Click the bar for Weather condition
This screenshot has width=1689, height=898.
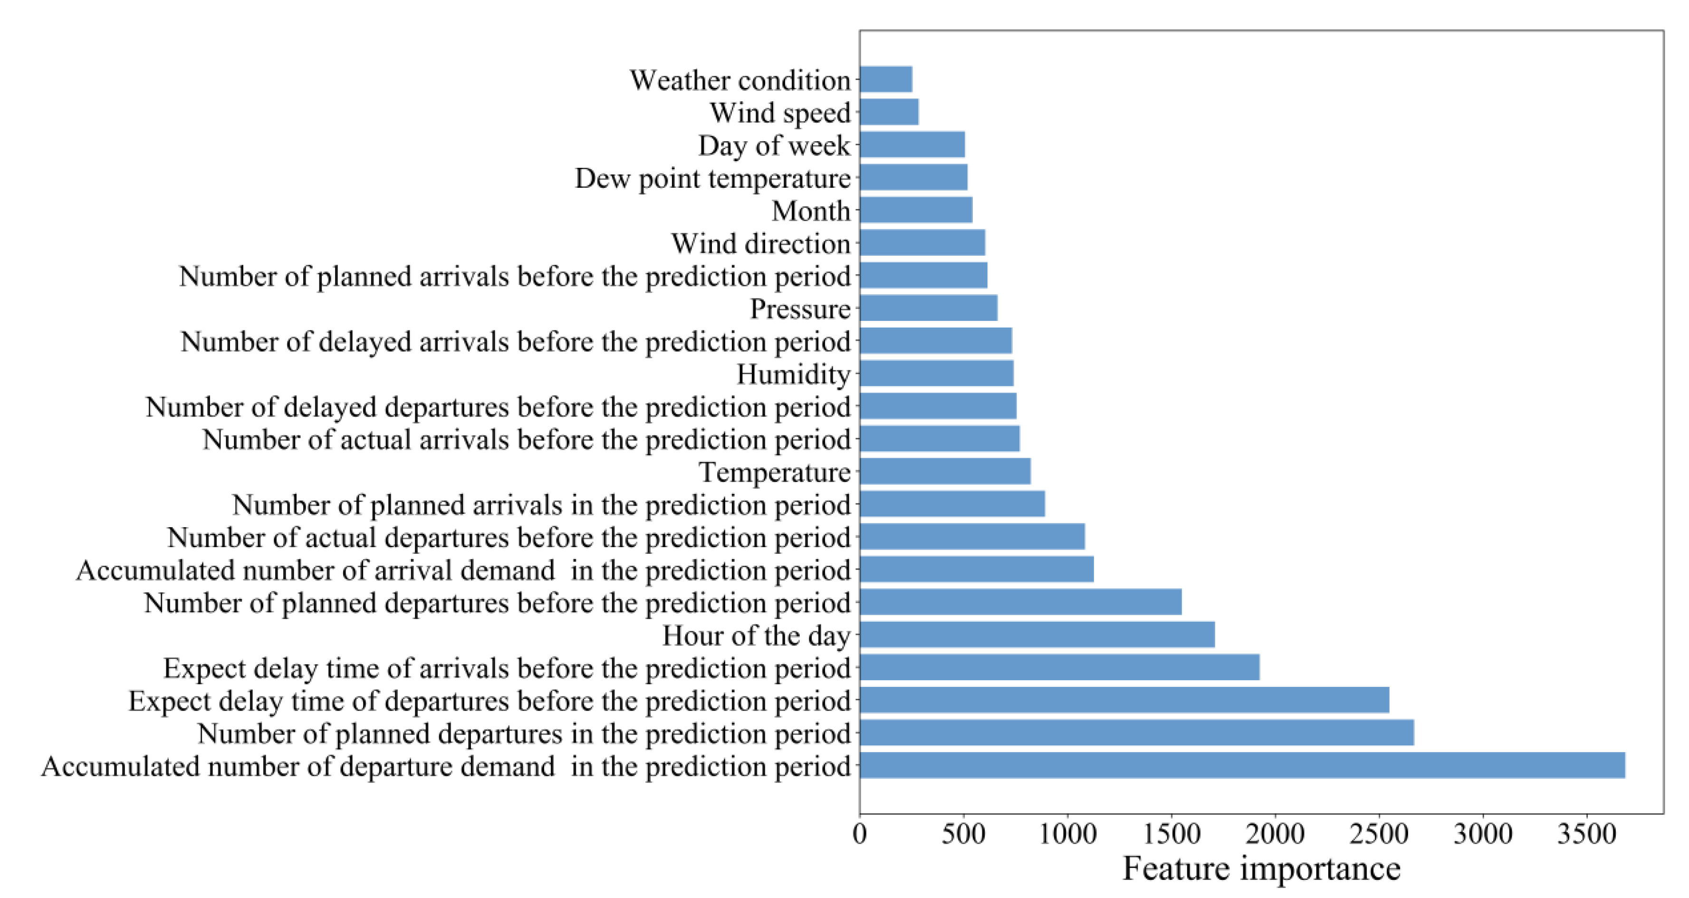(x=885, y=79)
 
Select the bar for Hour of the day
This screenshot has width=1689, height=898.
(x=1036, y=635)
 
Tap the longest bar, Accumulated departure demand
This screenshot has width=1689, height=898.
(x=1242, y=765)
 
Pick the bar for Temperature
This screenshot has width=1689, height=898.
(x=945, y=472)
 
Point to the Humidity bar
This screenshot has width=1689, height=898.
(x=936, y=373)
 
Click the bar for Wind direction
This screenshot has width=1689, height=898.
(x=922, y=243)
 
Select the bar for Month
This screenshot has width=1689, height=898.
(x=915, y=210)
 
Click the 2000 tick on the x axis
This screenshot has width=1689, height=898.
(x=1275, y=834)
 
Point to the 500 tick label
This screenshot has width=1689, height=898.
(x=963, y=834)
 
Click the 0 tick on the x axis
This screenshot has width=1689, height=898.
(x=860, y=834)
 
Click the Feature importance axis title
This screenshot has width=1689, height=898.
(x=1261, y=869)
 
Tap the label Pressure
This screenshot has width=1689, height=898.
(x=800, y=309)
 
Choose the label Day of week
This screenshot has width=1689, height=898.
(x=774, y=145)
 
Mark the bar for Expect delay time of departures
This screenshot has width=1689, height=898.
(x=1124, y=700)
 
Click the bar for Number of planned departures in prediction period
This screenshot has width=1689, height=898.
(x=1136, y=733)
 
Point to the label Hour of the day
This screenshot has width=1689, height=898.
(x=756, y=636)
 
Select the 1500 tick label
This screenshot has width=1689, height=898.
(x=1171, y=834)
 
